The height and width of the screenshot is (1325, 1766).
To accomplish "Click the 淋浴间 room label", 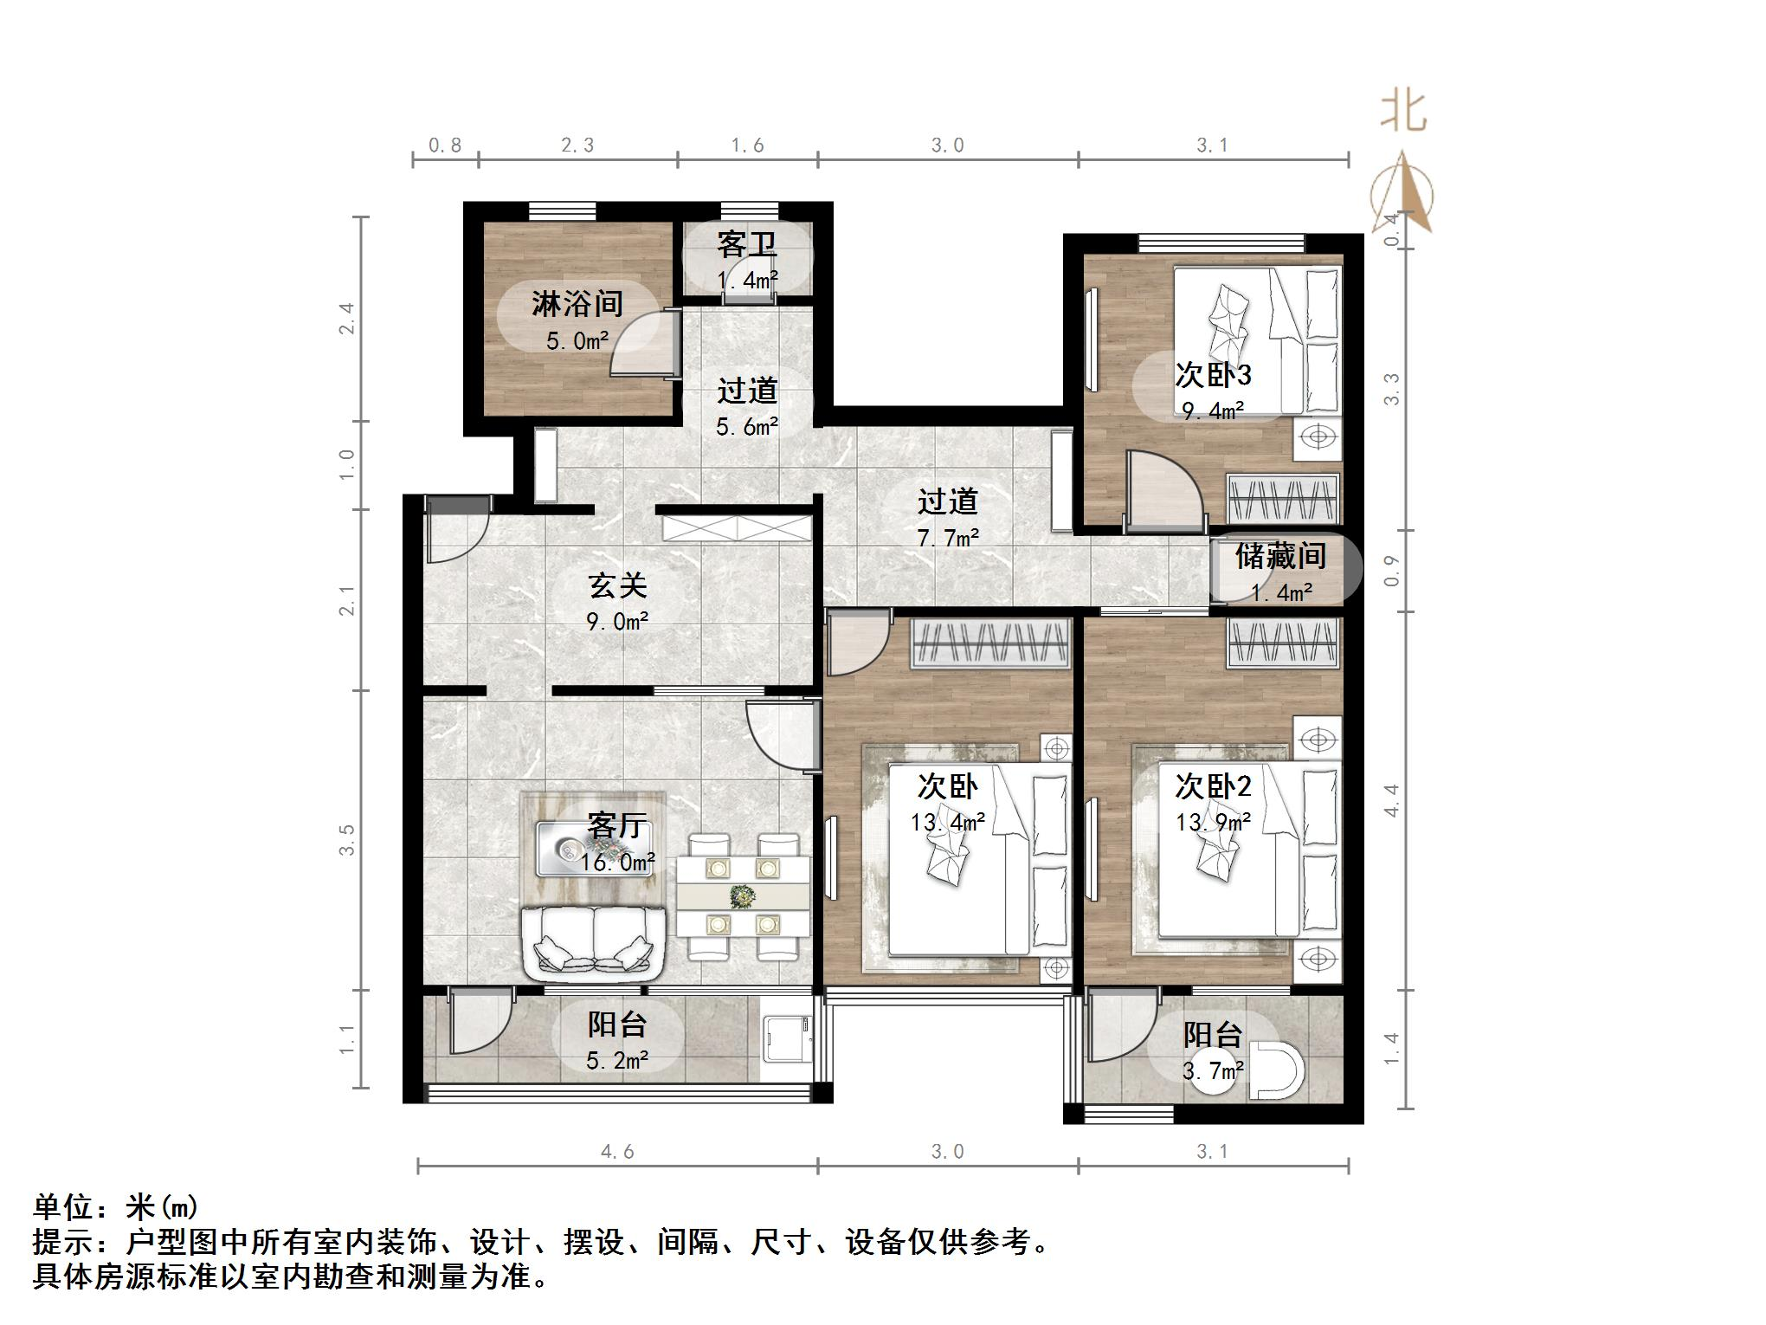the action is [x=577, y=304].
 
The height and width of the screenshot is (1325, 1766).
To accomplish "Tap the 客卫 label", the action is [x=746, y=245].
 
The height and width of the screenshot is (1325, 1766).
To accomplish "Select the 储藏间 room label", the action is [x=1280, y=556].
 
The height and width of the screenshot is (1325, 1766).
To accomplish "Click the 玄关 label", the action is [x=617, y=586].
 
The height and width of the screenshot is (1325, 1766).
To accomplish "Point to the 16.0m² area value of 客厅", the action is [x=617, y=863].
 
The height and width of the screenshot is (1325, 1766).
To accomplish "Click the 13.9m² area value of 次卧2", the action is [x=1213, y=822].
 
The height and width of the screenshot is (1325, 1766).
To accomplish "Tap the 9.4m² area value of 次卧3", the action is [x=1214, y=410].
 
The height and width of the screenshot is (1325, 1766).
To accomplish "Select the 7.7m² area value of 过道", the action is [x=948, y=538].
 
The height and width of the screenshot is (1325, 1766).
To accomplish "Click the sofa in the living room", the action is [x=594, y=943].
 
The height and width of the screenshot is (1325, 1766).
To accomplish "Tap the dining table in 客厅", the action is [x=744, y=896].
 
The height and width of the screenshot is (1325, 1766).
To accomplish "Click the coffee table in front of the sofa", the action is [x=594, y=849].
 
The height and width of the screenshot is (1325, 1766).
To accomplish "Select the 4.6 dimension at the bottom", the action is [x=617, y=1151].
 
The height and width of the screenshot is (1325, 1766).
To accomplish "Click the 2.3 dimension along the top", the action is [x=577, y=145].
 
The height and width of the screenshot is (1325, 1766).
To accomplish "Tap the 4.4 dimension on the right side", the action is [x=1391, y=800].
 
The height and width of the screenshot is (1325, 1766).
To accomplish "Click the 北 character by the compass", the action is [x=1403, y=113].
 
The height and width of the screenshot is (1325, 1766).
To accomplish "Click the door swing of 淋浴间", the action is [x=643, y=343].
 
